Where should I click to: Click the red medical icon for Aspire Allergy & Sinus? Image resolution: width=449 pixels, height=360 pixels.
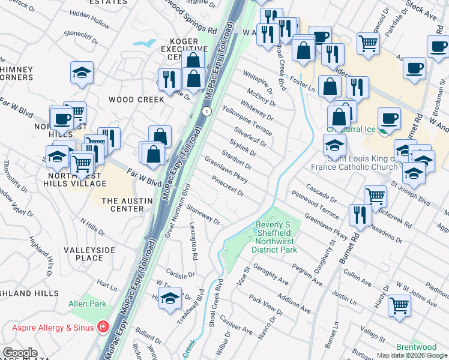pyautogui.click(x=104, y=327)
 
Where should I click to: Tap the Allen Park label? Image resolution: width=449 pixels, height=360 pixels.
pyautogui.click(x=88, y=305)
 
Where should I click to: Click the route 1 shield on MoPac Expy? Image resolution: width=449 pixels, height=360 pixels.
pyautogui.click(x=206, y=112)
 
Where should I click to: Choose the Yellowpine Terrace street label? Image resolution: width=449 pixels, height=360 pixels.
pyautogui.click(x=247, y=119)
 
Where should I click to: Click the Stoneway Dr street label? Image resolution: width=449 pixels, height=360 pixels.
pyautogui.click(x=203, y=214)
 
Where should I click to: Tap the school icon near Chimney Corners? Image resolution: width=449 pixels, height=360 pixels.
pyautogui.click(x=82, y=73)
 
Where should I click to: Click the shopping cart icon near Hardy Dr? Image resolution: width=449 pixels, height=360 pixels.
pyautogui.click(x=399, y=305)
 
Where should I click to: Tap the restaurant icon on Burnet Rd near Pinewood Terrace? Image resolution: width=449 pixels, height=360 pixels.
pyautogui.click(x=360, y=214)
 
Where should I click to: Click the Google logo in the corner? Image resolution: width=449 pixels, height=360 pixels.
pyautogui.click(x=20, y=353)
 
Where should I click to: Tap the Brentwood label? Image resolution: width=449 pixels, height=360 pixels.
pyautogui.click(x=416, y=347)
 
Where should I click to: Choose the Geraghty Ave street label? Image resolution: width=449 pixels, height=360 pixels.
pyautogui.click(x=271, y=272)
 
